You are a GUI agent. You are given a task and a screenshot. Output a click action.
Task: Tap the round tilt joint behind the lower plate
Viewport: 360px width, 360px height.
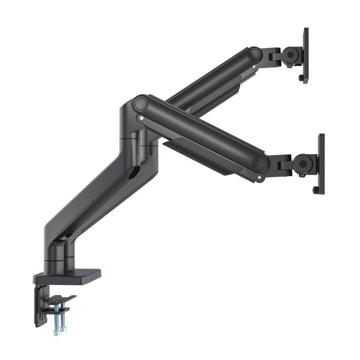(303, 162)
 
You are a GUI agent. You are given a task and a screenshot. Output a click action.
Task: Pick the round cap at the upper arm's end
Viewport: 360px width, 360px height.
(255, 55)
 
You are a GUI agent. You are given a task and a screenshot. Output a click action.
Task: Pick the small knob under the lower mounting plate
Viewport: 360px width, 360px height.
(315, 191)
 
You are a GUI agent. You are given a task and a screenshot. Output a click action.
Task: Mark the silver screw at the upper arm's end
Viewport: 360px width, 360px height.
(255, 67)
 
